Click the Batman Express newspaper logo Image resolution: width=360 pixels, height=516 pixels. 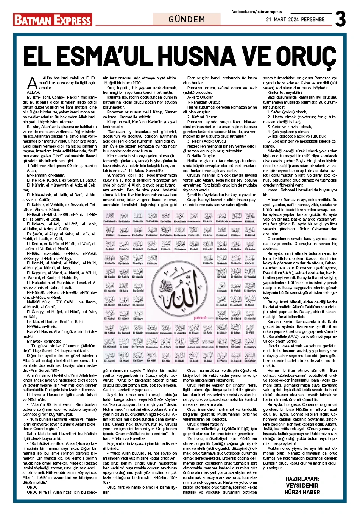click(53, 20)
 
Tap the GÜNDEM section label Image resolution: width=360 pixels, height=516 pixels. click(187, 19)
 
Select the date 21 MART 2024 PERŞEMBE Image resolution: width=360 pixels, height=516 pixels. click(295, 19)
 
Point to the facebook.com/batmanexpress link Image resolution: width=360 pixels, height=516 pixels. click(257, 12)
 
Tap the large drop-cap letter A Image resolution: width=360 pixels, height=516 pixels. click(33, 83)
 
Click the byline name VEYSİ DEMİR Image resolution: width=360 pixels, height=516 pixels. click(302, 485)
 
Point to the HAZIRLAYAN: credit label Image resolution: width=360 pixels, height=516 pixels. click(302, 479)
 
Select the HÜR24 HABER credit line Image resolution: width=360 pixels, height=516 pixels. click(302, 492)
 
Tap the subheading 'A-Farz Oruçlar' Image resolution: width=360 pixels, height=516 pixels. click(200, 97)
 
